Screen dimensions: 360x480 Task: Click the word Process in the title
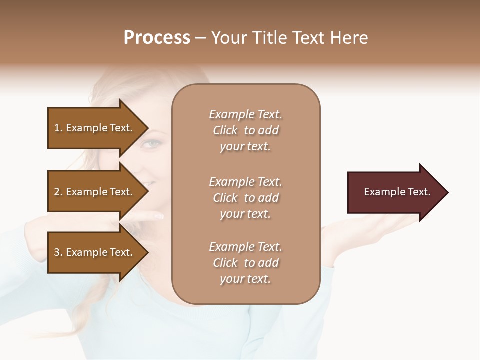(157, 38)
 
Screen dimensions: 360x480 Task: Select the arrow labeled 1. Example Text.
(95, 128)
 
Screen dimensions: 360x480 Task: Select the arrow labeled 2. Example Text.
(95, 192)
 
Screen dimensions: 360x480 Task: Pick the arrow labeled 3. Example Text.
(95, 252)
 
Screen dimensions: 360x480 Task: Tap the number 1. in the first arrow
(58, 128)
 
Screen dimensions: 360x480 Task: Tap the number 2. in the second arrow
(58, 192)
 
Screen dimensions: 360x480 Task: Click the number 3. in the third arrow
(58, 252)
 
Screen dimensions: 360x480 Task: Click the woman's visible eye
(151, 144)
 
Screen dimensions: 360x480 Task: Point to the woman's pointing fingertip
(160, 216)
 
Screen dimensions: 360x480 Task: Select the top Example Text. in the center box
(245, 114)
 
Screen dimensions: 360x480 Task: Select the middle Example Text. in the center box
(245, 182)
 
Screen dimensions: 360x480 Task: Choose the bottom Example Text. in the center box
(245, 247)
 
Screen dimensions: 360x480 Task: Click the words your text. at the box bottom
(245, 279)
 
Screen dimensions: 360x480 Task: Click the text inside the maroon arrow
(397, 192)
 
